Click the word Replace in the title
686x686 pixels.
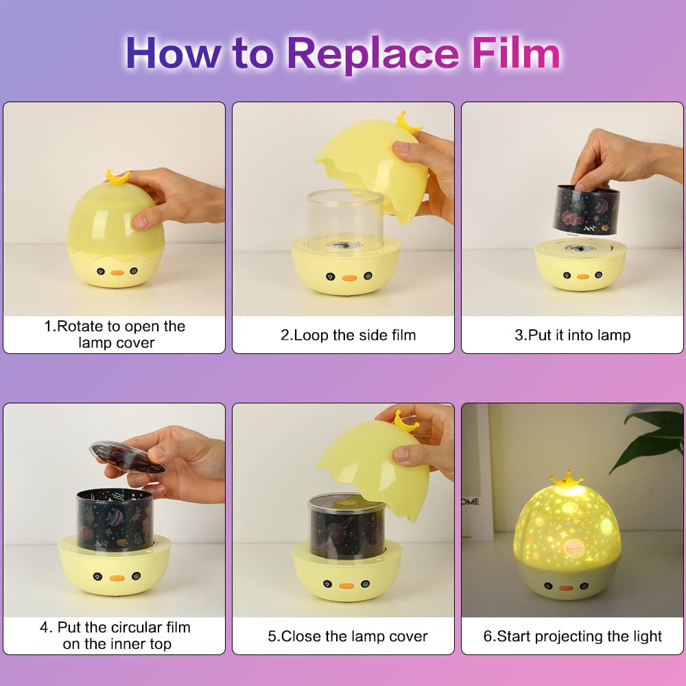pos(373,55)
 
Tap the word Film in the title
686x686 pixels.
pos(517,53)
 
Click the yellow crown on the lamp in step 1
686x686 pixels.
pos(117,177)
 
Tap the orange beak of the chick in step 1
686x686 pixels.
pos(117,272)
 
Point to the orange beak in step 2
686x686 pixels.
pos(349,278)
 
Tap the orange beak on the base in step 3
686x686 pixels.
pos(582,276)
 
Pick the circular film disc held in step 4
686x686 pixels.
pos(127,458)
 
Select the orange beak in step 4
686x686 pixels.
pos(117,578)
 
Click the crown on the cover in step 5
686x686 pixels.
pos(405,421)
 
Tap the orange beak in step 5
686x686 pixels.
pos(346,585)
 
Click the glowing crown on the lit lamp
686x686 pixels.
pos(567,480)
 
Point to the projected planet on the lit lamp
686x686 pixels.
pos(573,547)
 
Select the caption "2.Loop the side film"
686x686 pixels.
pos(348,335)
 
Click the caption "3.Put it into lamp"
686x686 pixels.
pos(573,335)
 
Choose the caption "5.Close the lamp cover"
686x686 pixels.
pos(348,636)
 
